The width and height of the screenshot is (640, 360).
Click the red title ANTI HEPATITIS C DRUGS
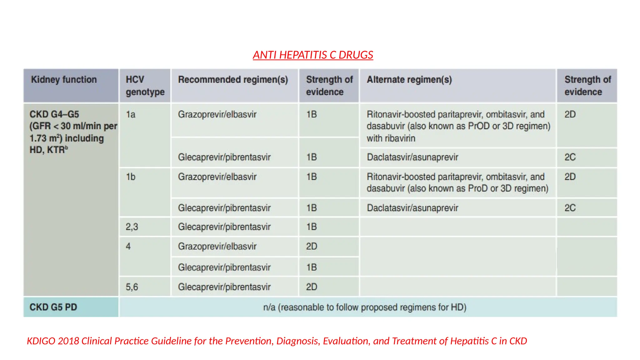313,55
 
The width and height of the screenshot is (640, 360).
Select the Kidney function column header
64,80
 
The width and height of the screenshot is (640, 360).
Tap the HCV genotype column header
145,86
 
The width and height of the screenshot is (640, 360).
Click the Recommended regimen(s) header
233,80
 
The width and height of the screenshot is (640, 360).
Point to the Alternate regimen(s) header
409,80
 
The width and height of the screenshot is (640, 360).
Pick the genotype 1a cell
131,115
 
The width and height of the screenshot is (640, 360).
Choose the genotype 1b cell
131,177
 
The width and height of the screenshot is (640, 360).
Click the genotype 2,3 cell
132,227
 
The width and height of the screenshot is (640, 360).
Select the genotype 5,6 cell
132,287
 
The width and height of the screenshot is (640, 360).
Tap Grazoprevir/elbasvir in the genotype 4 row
217,247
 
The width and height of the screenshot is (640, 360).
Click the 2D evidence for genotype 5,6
312,287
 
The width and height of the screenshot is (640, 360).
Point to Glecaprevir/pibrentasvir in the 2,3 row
224,227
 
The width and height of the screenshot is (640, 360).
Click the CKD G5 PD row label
53,307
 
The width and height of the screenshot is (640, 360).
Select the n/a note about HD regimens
364,307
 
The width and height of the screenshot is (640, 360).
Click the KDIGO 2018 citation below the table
277,341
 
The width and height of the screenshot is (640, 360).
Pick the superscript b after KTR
66,147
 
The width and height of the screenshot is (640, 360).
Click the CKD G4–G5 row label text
54,114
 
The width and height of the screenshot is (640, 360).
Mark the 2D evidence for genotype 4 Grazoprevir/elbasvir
312,247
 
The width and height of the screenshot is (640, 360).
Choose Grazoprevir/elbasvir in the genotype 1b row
217,177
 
